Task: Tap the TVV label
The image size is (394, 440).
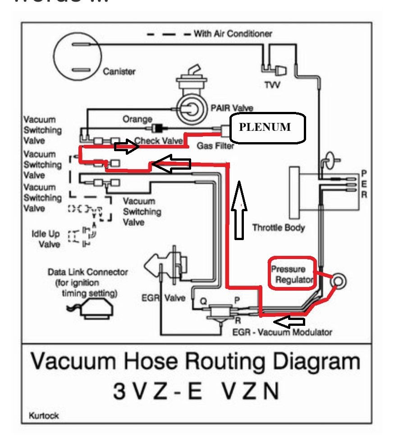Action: click(272, 85)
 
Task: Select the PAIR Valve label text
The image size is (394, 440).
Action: click(232, 108)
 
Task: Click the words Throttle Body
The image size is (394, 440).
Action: click(279, 227)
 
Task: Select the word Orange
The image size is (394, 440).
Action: click(137, 120)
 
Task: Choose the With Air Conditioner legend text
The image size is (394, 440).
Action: click(233, 33)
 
